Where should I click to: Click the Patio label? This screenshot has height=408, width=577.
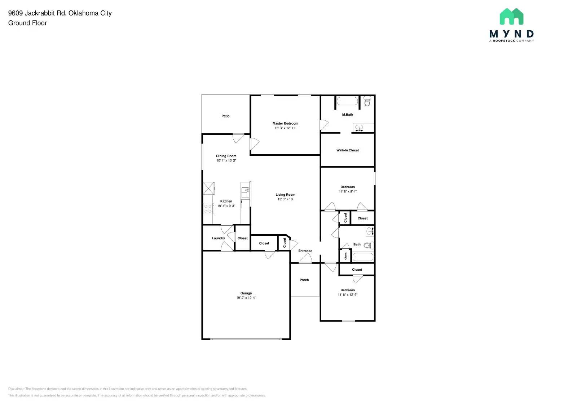[x=225, y=116]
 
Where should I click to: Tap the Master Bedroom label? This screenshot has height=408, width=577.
[x=285, y=123]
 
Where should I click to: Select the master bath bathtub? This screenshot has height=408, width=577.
[x=347, y=101]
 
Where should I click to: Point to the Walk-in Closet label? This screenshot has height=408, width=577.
[x=347, y=150]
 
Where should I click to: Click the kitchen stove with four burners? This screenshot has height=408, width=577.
[x=208, y=209]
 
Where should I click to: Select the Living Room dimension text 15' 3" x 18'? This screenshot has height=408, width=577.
[x=285, y=199]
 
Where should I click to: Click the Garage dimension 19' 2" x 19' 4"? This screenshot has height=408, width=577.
[x=246, y=298]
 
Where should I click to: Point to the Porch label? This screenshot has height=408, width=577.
[x=304, y=280]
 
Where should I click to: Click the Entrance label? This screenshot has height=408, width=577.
[x=305, y=251]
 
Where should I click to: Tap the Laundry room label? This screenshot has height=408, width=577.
[x=218, y=238]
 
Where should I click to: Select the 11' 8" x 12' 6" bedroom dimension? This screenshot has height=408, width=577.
[x=347, y=295]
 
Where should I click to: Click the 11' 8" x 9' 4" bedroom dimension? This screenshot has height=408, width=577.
[x=347, y=192]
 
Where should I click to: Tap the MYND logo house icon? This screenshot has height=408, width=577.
[x=511, y=17]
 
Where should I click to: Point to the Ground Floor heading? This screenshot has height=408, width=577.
[x=27, y=23]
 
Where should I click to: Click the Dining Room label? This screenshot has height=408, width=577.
[x=226, y=156]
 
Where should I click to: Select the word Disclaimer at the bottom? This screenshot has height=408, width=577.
[x=16, y=389]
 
